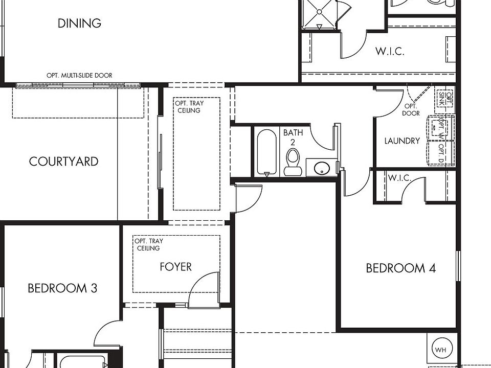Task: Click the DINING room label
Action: point(80,23)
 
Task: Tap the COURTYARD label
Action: point(64,162)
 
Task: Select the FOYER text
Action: point(175,267)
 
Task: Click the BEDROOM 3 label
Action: point(62,288)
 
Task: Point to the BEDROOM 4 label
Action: point(401,268)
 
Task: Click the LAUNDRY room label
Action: point(402,141)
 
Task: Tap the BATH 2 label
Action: point(293,137)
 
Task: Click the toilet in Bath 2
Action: point(293,162)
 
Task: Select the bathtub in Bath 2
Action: point(267,152)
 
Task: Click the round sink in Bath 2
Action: point(322,168)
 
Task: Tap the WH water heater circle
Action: point(440,350)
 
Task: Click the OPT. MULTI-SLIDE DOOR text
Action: point(79,76)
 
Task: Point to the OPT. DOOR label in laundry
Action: point(411,110)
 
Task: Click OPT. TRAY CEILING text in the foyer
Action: point(149,245)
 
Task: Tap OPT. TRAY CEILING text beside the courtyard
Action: point(189,107)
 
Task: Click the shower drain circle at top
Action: point(319,12)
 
